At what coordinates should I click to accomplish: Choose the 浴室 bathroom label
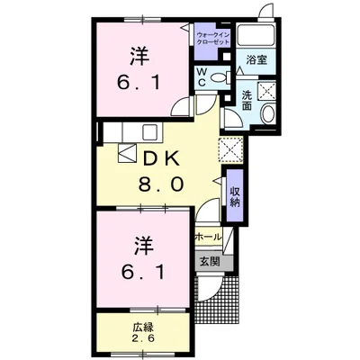256,60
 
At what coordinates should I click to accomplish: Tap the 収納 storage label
234,195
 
